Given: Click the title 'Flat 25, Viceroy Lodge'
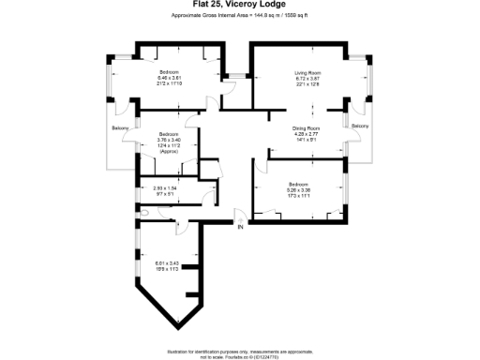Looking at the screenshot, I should point(240,5).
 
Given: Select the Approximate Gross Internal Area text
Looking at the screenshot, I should point(240,17).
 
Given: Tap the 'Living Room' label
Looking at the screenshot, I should point(308,71).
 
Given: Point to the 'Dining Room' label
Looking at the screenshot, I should point(307,127).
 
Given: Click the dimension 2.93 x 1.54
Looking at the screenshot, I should point(164,188).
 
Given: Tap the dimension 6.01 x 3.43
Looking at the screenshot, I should point(168,262).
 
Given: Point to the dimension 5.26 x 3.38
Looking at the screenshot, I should point(299,188).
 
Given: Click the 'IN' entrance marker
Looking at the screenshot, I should point(239,227).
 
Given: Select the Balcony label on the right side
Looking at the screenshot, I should point(361,126).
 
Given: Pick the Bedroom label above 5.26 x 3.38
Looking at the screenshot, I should point(299,183).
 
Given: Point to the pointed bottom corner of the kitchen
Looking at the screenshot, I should point(177,328).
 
